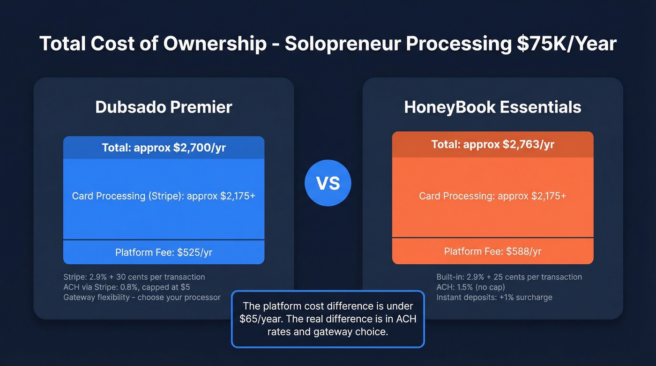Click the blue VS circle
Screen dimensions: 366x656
tap(328, 183)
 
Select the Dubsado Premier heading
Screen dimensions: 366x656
tap(164, 107)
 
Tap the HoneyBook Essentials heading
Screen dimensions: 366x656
tap(492, 107)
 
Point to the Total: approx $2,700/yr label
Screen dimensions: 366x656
tap(164, 148)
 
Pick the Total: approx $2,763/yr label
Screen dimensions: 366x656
tap(492, 144)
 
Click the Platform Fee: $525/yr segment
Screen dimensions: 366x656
tap(164, 253)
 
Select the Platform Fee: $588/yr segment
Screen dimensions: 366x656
tap(492, 251)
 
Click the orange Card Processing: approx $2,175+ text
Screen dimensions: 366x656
tap(492, 196)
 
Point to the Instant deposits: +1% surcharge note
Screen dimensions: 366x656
tap(494, 297)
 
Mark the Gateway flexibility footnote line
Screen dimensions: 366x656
tap(142, 297)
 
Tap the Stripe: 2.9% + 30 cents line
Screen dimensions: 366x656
tap(134, 277)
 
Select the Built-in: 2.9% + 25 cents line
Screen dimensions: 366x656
tap(509, 277)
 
